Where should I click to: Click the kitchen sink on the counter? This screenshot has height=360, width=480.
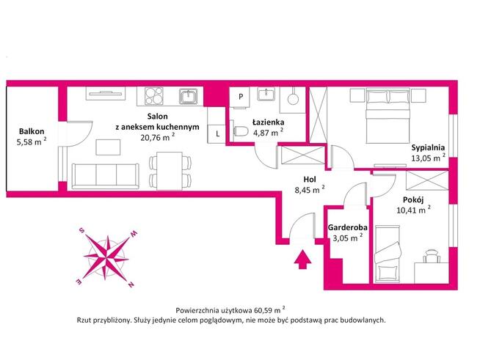point(189,95)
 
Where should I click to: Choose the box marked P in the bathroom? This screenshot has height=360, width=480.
point(240,96)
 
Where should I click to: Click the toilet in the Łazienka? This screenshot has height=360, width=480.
point(240,132)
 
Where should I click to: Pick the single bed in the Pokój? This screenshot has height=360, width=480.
point(387,254)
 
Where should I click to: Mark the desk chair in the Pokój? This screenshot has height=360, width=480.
point(431,254)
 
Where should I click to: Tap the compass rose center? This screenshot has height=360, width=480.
point(108,257)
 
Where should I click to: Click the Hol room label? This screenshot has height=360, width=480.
point(311,178)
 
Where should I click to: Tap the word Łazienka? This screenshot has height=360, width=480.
point(266,122)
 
